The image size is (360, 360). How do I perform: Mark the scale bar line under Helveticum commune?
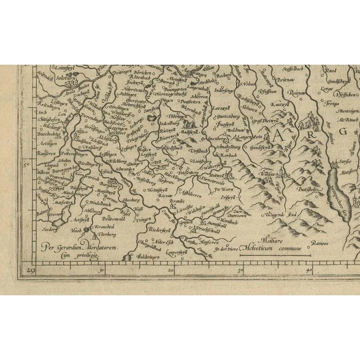[276, 255]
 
